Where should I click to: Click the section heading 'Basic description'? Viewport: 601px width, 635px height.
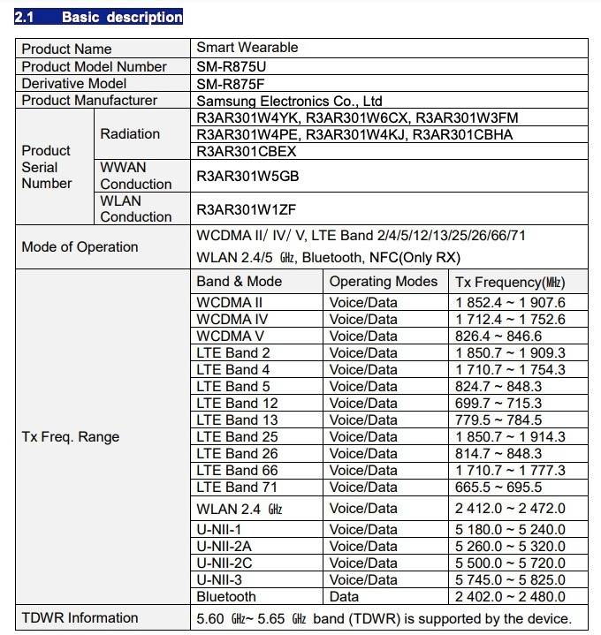(x=121, y=17)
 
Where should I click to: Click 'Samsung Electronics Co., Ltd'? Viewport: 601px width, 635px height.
(x=289, y=101)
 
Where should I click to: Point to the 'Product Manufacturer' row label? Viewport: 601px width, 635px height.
(x=89, y=101)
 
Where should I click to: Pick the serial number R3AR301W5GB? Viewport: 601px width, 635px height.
(x=247, y=176)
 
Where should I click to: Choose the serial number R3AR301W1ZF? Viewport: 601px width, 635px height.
(x=247, y=209)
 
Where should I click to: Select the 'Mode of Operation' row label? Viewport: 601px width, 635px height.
(x=80, y=247)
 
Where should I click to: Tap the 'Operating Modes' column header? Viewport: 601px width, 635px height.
(x=383, y=282)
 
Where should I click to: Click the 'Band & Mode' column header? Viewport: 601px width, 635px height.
(x=240, y=282)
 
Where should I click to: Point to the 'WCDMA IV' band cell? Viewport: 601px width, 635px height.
(x=232, y=319)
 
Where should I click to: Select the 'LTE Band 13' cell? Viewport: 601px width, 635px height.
(x=237, y=420)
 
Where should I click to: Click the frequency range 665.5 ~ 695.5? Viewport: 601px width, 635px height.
(x=498, y=487)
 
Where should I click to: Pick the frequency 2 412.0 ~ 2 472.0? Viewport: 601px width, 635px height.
(x=510, y=508)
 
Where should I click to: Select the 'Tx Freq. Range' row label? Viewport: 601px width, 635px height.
(x=71, y=437)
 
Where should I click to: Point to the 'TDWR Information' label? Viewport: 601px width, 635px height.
(x=80, y=617)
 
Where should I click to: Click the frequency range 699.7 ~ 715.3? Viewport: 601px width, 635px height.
(x=498, y=403)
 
